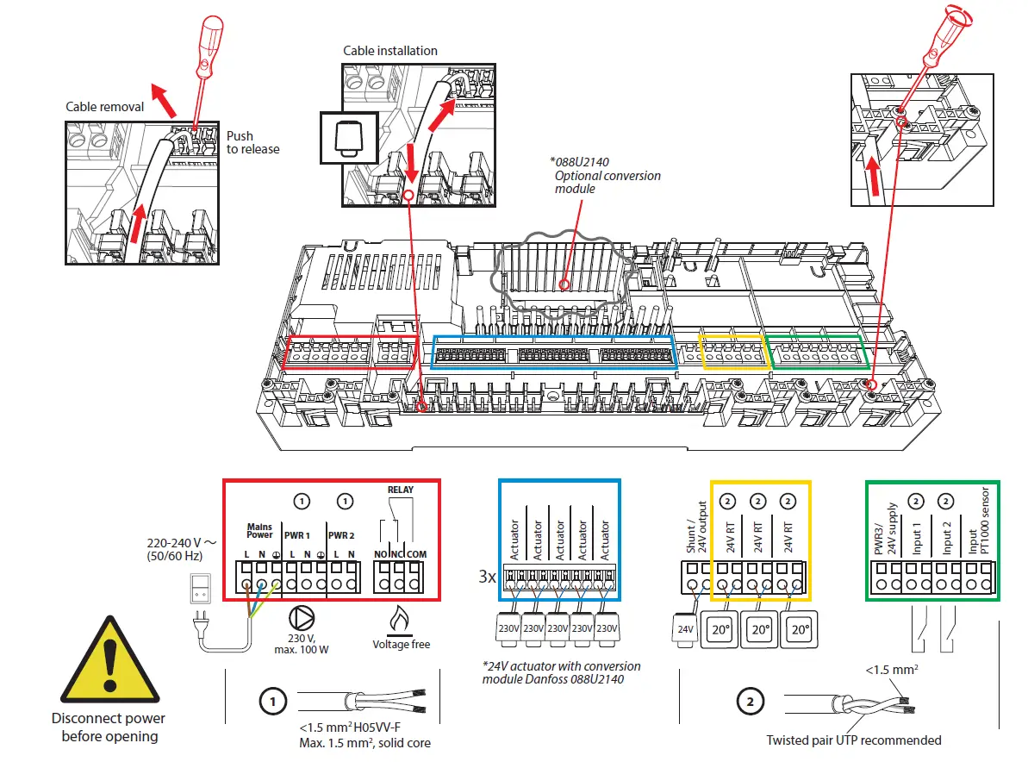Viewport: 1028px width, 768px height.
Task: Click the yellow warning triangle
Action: pyautogui.click(x=109, y=665)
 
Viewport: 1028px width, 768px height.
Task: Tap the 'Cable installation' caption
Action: pyautogui.click(x=389, y=51)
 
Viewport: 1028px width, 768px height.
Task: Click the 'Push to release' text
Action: pyautogui.click(x=252, y=142)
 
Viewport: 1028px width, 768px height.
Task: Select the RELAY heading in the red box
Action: pyautogui.click(x=400, y=490)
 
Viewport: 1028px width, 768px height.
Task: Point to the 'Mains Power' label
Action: pyautogui.click(x=259, y=529)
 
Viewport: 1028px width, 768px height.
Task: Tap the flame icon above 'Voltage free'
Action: pyautogui.click(x=400, y=619)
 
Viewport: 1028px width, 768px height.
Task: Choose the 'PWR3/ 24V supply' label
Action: pyautogui.click(x=885, y=528)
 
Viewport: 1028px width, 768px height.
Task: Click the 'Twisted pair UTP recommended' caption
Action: pyautogui.click(x=853, y=740)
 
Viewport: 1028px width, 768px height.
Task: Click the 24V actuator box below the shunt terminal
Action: pyautogui.click(x=685, y=629)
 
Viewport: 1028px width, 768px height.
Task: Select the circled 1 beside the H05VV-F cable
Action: pyautogui.click(x=272, y=702)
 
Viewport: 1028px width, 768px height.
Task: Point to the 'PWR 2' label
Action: pyautogui.click(x=342, y=534)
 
